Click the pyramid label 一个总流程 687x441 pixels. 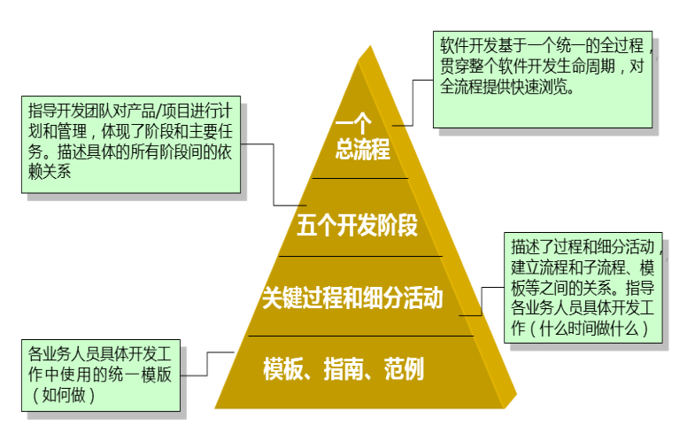pyautogui.click(x=362, y=138)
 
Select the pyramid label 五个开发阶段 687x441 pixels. pyautogui.click(x=357, y=226)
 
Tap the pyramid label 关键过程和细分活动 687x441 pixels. pyautogui.click(x=352, y=298)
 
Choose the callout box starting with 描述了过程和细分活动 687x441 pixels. pyautogui.click(x=582, y=285)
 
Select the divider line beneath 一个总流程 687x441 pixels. pyautogui.click(x=359, y=178)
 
